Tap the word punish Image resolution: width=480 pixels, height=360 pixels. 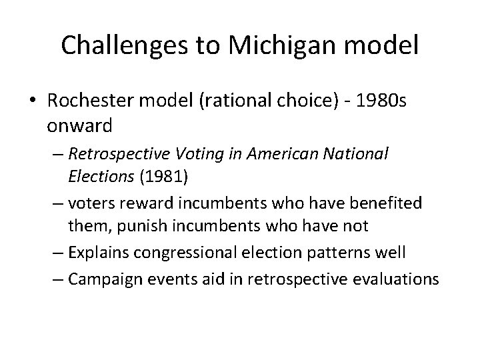point(142,227)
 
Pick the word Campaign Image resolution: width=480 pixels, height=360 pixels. point(99,278)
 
